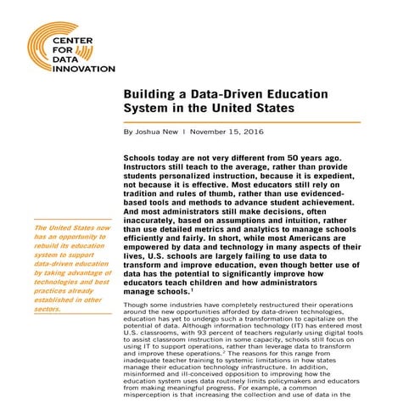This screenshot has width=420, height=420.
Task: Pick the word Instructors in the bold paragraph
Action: click(x=153, y=169)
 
